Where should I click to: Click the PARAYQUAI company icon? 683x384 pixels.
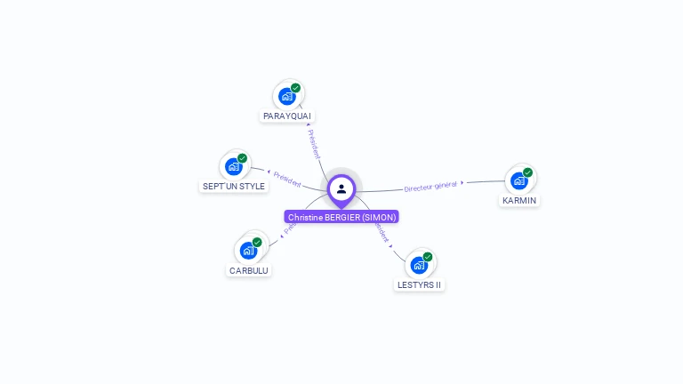(286, 96)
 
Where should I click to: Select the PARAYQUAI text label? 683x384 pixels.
(287, 116)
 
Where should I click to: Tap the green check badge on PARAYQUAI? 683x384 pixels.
(296, 88)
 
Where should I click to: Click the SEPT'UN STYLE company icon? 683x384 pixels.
(233, 166)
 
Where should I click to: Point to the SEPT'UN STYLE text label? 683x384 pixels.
(234, 187)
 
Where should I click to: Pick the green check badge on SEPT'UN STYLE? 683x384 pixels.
(242, 158)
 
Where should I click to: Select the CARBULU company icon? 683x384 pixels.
(248, 251)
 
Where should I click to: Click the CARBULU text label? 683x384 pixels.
(248, 270)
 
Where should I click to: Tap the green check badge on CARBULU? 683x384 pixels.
(257, 242)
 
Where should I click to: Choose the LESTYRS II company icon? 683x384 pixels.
(419, 265)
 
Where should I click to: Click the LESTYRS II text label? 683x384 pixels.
(419, 285)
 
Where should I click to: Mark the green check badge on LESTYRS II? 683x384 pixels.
(428, 257)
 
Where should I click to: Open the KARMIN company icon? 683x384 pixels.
(518, 180)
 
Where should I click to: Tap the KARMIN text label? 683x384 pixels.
(519, 201)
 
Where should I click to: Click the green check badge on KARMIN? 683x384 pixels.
(528, 172)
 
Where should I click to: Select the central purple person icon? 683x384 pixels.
(341, 188)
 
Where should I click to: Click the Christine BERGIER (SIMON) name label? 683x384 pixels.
(341, 217)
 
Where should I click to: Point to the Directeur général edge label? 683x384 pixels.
(430, 186)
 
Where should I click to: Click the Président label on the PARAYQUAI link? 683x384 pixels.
(313, 144)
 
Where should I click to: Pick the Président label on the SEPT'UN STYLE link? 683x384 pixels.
(287, 179)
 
